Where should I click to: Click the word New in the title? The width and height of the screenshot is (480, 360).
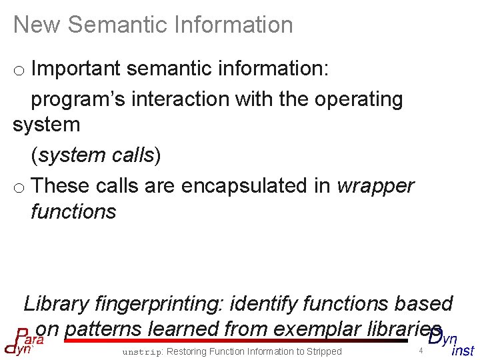37,25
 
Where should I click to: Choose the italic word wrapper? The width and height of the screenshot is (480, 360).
375,186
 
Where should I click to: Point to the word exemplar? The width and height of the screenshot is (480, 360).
313,329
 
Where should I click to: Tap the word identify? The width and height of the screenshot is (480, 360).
264,304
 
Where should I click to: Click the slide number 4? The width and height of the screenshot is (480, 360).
421,351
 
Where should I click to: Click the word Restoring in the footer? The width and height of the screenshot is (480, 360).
189,351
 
